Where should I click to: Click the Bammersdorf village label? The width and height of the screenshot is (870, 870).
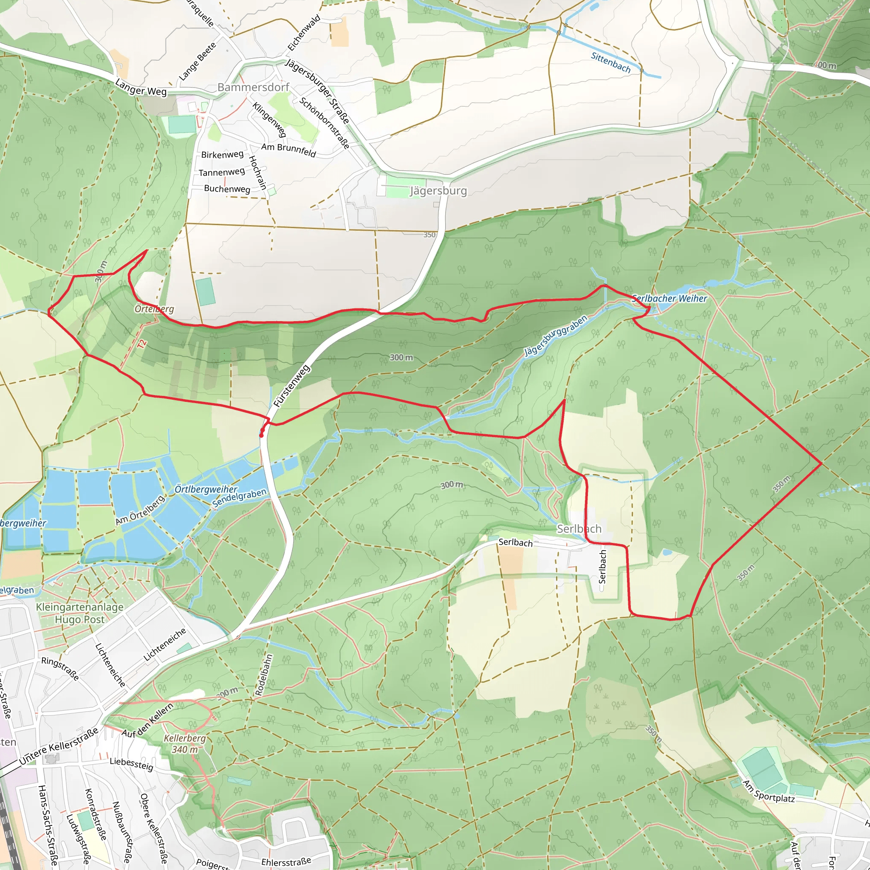pos(253,87)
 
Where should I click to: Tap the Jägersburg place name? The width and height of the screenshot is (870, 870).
pos(438,190)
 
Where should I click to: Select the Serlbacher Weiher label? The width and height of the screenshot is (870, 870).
pos(669,298)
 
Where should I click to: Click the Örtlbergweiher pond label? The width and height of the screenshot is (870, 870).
pos(206,489)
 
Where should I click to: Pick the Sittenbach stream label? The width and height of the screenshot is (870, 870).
pos(610,62)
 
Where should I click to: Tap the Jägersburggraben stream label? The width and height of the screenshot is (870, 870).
pos(556,336)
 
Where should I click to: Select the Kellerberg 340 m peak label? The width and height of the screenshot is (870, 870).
pos(185,744)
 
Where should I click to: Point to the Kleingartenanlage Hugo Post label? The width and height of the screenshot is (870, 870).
pos(80,613)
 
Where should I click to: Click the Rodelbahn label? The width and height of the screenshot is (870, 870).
pos(264,675)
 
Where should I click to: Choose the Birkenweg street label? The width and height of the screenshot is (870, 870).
pos(222,155)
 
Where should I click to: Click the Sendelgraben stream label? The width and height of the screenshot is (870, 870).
pos(240,498)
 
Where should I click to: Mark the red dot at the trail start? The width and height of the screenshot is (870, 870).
pos(261,435)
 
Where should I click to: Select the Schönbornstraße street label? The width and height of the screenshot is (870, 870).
pos(324,123)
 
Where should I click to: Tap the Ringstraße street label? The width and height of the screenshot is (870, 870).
pos(60,668)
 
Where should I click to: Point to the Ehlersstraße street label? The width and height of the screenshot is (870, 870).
pos(286,862)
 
